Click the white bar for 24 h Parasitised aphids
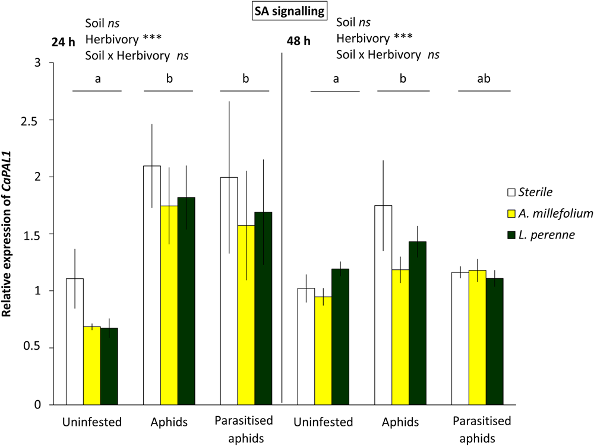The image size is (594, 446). click(229, 291)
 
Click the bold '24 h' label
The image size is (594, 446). click(60, 43)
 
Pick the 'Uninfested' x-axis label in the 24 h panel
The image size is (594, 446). click(91, 423)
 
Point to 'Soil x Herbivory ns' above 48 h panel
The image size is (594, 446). click(388, 54)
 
